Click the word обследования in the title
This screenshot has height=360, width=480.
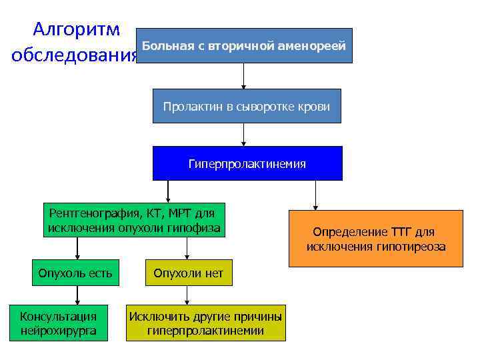[74, 55]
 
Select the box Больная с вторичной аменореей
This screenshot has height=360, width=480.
[243, 46]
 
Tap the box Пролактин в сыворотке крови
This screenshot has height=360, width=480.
[247, 106]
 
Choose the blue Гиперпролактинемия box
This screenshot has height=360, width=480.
[247, 163]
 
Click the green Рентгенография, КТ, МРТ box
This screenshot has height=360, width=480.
[134, 221]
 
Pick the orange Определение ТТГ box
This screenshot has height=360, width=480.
[375, 239]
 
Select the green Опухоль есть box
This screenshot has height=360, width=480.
[75, 273]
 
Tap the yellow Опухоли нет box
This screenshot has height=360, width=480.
[189, 273]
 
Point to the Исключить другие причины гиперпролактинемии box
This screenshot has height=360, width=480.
[205, 323]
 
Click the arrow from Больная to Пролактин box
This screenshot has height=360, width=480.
[243, 76]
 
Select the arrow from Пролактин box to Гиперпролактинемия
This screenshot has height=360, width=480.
[243, 135]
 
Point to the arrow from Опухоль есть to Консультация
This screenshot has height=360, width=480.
[77, 295]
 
